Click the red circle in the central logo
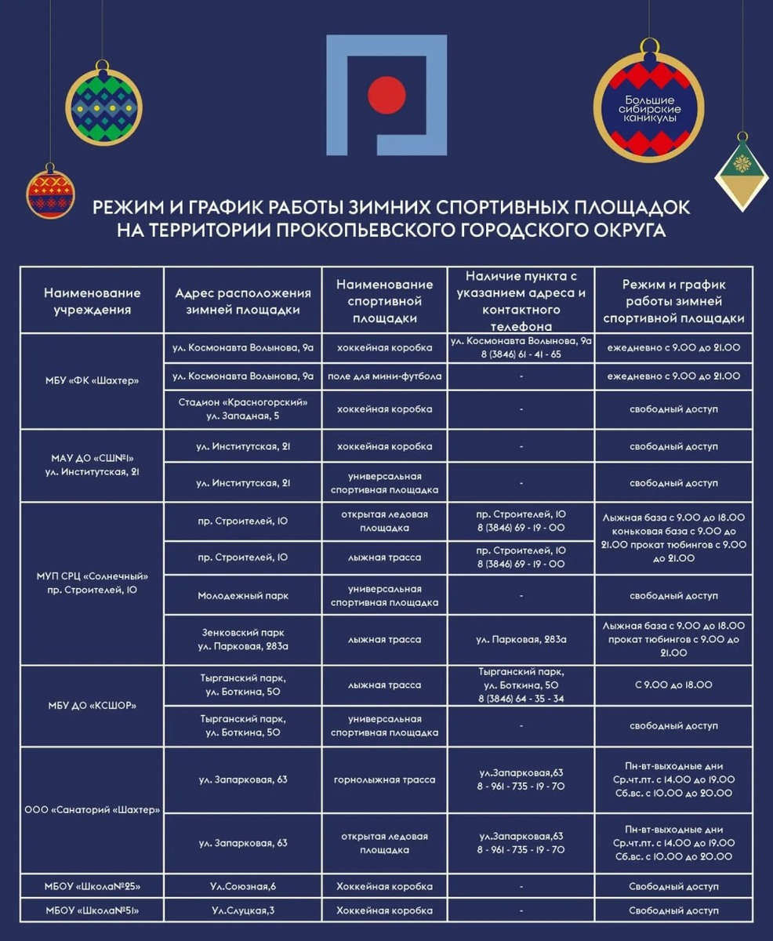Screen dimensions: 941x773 click(386, 95)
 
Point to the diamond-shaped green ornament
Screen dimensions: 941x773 click(742, 172)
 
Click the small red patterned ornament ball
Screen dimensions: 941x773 click(50, 194)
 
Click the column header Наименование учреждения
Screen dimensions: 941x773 click(92, 301)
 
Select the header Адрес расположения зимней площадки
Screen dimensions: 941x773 click(243, 301)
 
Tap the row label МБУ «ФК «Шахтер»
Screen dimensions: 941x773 click(92, 381)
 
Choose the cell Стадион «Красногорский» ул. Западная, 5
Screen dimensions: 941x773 click(243, 409)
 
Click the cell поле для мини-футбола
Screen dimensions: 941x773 click(384, 376)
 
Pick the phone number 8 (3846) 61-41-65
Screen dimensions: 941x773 click(521, 354)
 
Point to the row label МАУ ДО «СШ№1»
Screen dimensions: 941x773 click(92, 458)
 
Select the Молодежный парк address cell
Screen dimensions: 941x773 click(243, 596)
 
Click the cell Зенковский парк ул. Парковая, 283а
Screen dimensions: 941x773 click(243, 640)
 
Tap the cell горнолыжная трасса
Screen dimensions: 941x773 click(384, 780)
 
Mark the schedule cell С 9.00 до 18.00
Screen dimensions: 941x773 click(673, 685)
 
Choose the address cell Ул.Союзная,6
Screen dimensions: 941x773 click(243, 887)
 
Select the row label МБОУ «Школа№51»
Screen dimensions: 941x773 click(92, 911)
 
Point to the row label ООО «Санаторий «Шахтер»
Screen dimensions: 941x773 click(92, 810)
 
